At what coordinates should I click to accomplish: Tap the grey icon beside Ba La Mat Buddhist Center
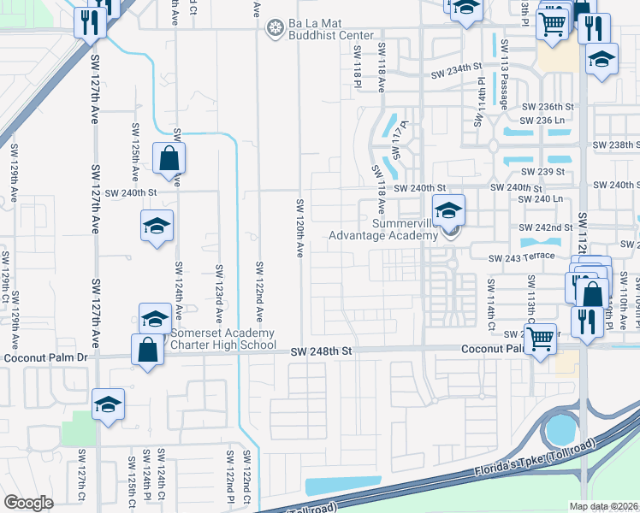[275, 30]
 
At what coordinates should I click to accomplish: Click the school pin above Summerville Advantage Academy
[448, 209]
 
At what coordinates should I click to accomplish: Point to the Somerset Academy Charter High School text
[223, 339]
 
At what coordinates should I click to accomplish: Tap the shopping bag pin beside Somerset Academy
[148, 350]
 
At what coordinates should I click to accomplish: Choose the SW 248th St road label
[321, 351]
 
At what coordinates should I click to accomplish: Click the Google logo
[28, 503]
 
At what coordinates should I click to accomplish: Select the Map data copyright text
[604, 506]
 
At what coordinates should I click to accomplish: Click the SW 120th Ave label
[300, 228]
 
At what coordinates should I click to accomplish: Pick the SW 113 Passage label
[505, 86]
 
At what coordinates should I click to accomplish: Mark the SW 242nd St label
[546, 227]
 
